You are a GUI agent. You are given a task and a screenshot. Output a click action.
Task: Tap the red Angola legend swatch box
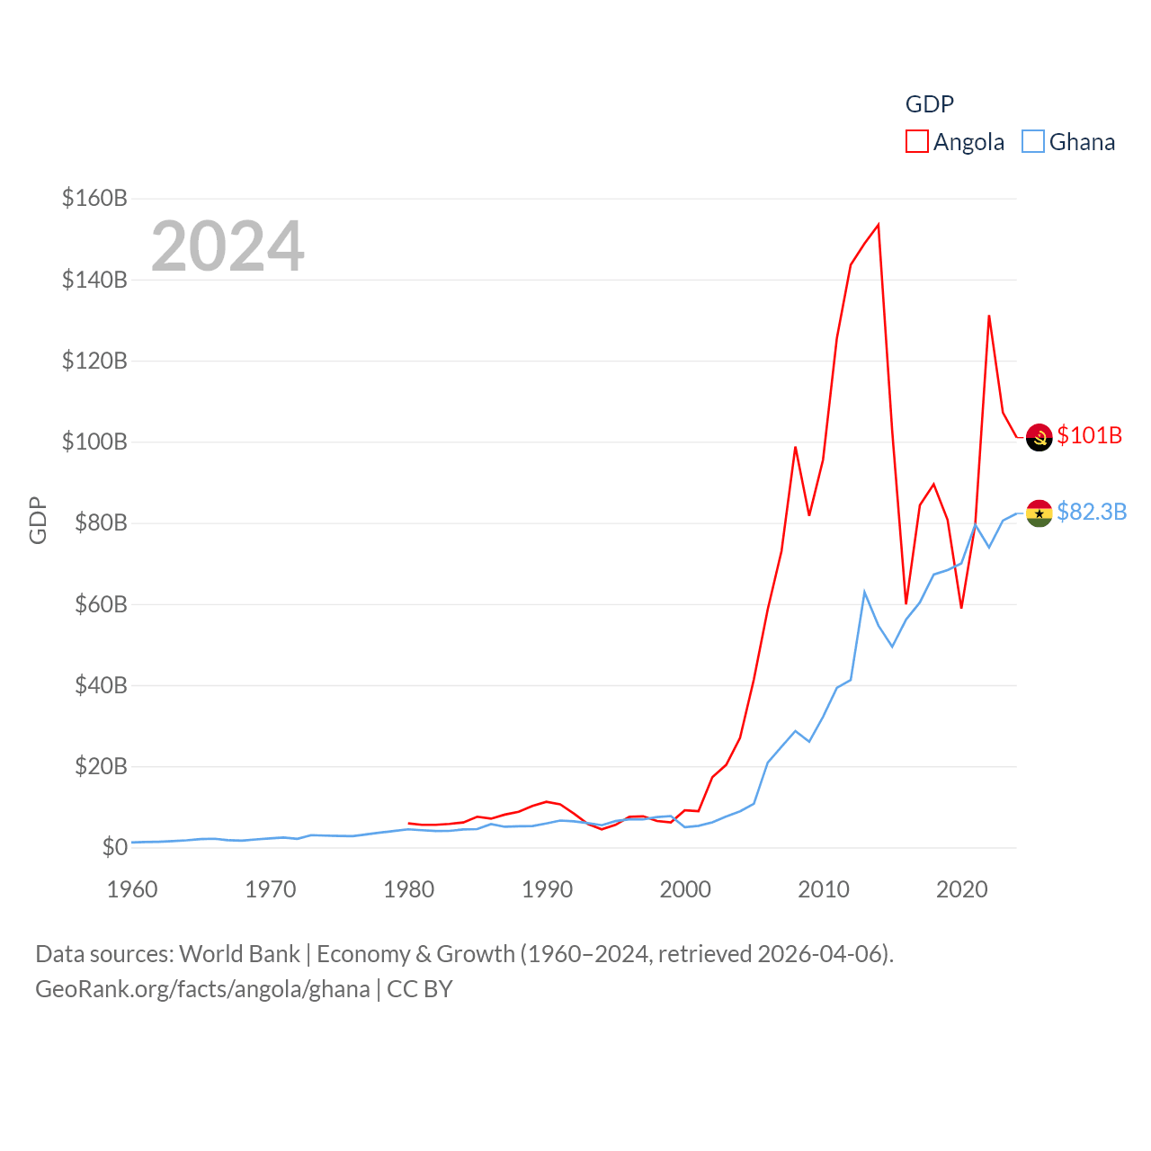[x=916, y=142]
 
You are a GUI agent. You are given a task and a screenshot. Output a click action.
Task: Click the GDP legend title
[x=929, y=104]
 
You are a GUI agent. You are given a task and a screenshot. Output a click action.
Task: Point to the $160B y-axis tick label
[x=94, y=198]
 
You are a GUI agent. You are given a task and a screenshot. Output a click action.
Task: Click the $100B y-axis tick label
[x=94, y=442]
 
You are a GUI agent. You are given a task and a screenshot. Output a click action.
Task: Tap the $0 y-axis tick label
[x=114, y=847]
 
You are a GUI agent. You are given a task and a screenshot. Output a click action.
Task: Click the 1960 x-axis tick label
[x=132, y=889]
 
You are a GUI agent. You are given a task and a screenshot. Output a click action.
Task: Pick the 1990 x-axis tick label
[x=547, y=889]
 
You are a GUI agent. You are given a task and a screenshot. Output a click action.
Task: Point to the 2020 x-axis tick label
[x=961, y=889]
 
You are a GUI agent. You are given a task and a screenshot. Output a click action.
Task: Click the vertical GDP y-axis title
[x=38, y=520]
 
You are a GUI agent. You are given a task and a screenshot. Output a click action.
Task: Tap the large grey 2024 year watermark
[x=228, y=246]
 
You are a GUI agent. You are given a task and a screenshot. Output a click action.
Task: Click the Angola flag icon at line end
[x=1039, y=437]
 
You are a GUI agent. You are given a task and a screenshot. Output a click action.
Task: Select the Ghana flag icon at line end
[x=1039, y=513]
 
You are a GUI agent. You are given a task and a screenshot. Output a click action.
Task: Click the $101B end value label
[x=1089, y=435]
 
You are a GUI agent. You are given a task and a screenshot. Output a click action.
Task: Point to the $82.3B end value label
[x=1092, y=512]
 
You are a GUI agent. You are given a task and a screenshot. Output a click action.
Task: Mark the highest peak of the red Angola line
[x=878, y=225]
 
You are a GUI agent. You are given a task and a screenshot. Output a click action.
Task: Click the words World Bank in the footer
[x=239, y=953]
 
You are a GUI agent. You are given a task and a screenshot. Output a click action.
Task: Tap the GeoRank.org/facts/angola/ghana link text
[x=202, y=989]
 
